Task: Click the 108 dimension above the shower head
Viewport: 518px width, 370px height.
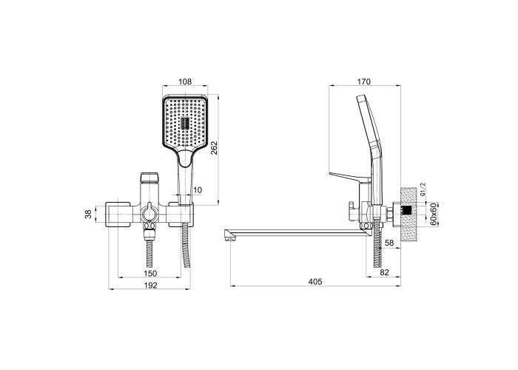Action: tap(185, 81)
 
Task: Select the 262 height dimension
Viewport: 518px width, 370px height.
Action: tap(215, 148)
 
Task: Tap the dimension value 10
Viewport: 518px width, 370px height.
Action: tap(198, 190)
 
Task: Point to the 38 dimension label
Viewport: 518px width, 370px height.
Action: tap(88, 215)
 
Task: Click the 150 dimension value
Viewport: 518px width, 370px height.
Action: tap(150, 273)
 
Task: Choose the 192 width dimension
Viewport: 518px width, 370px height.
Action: tap(151, 285)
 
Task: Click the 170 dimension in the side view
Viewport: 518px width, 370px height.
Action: tap(364, 81)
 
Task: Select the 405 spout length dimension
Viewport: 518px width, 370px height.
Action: tap(314, 281)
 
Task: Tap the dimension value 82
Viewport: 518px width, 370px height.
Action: tap(385, 272)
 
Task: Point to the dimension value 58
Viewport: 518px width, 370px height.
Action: tap(389, 243)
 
